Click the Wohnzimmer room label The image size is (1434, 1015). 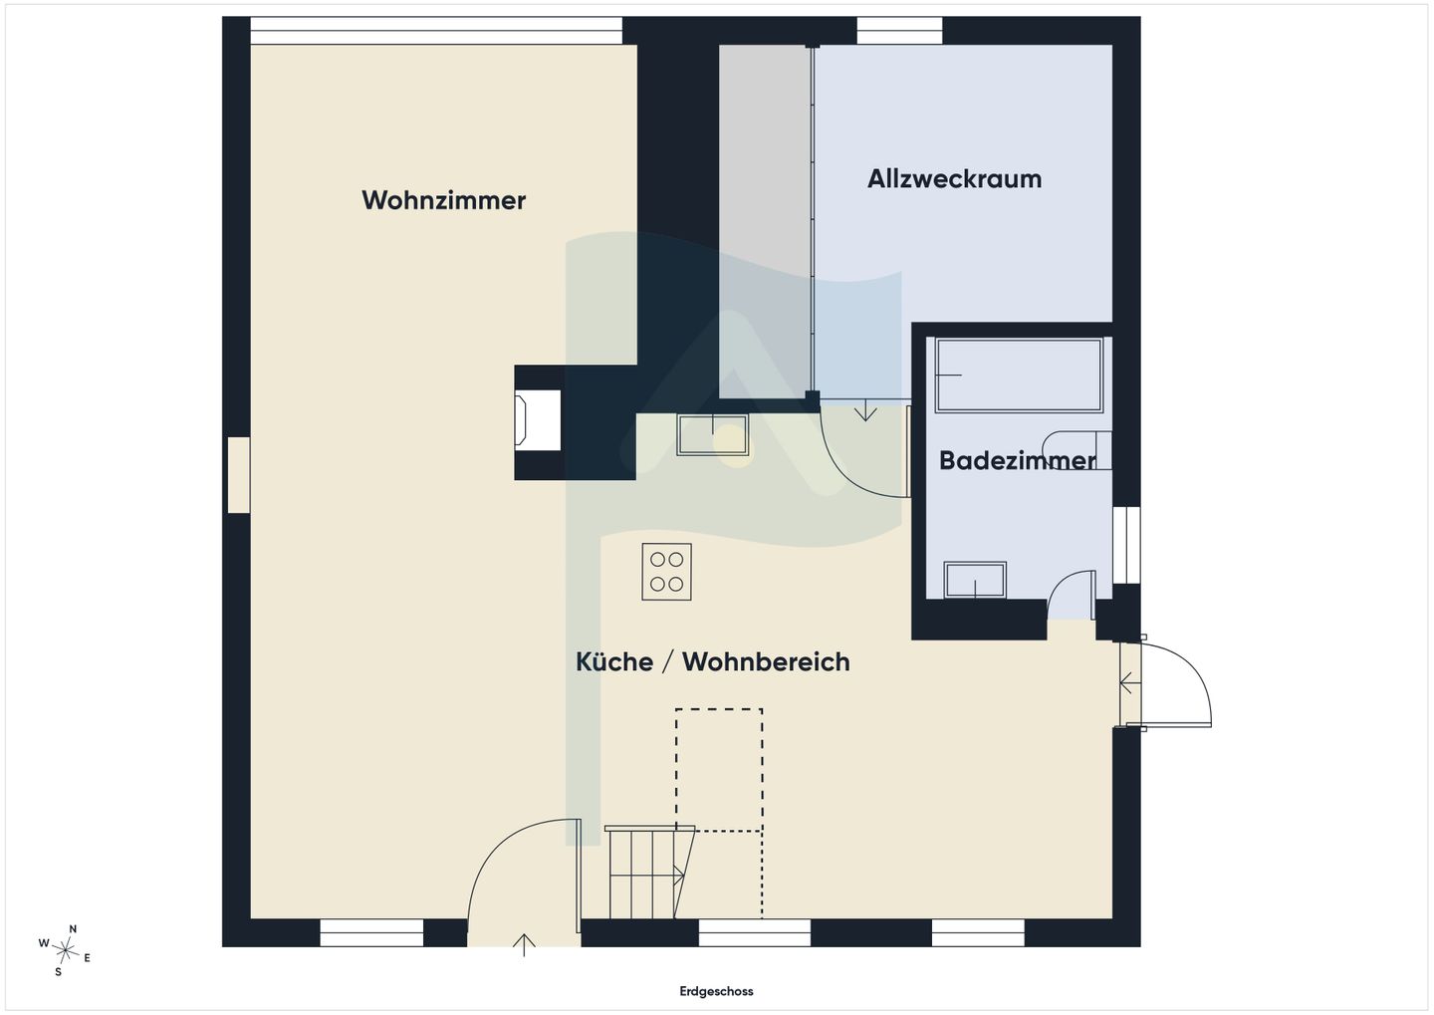point(443,200)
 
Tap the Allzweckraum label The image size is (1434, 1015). point(954,178)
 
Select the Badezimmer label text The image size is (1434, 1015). point(1017,460)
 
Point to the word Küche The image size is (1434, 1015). point(613,661)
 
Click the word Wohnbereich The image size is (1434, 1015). point(766,661)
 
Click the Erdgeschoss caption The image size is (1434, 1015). point(716,991)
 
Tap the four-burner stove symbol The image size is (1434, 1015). point(666,572)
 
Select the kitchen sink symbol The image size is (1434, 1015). point(713,435)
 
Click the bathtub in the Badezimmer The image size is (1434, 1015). point(1019,376)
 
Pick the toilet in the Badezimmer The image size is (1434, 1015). point(1076,450)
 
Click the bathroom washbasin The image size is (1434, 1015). point(975,580)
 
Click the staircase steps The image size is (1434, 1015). point(649,873)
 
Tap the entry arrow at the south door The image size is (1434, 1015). point(524,944)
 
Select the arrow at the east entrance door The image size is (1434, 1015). point(1130,684)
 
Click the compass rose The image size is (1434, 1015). point(65,950)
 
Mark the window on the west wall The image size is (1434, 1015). point(239,475)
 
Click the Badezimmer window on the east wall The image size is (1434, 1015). point(1126,546)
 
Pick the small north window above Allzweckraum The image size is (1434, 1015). point(899,31)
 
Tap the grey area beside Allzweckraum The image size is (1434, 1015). point(765,221)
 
